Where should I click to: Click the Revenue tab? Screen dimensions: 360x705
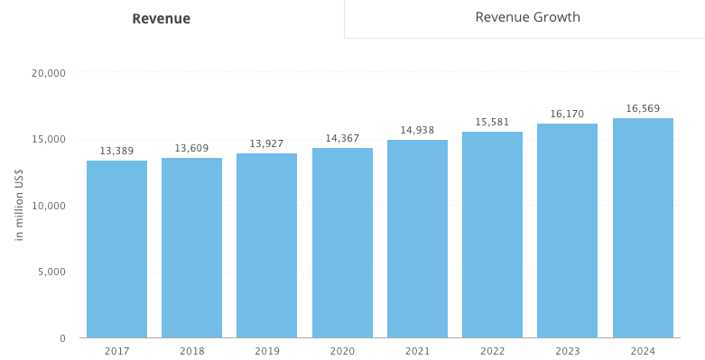point(161,19)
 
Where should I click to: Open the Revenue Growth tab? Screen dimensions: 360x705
point(527,17)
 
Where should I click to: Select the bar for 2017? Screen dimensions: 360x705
point(116,249)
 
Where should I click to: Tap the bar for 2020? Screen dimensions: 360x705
point(342,243)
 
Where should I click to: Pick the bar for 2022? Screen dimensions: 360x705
point(492,235)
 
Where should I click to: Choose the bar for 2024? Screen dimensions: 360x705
point(643,228)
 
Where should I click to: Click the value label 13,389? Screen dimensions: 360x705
point(116,151)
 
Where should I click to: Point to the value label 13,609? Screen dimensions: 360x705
point(191,148)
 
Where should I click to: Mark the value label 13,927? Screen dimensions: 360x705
point(266,143)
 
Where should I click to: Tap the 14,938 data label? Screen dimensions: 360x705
point(417,130)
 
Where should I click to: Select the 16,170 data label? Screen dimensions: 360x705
point(567,114)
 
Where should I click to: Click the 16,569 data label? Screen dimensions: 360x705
point(643,108)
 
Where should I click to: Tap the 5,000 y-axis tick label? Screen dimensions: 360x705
point(52,272)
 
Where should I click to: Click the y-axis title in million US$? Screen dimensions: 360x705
point(19,206)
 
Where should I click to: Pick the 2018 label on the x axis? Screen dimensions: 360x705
point(191,351)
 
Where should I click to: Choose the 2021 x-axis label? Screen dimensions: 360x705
point(417,351)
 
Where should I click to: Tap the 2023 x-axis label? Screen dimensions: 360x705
point(567,351)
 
